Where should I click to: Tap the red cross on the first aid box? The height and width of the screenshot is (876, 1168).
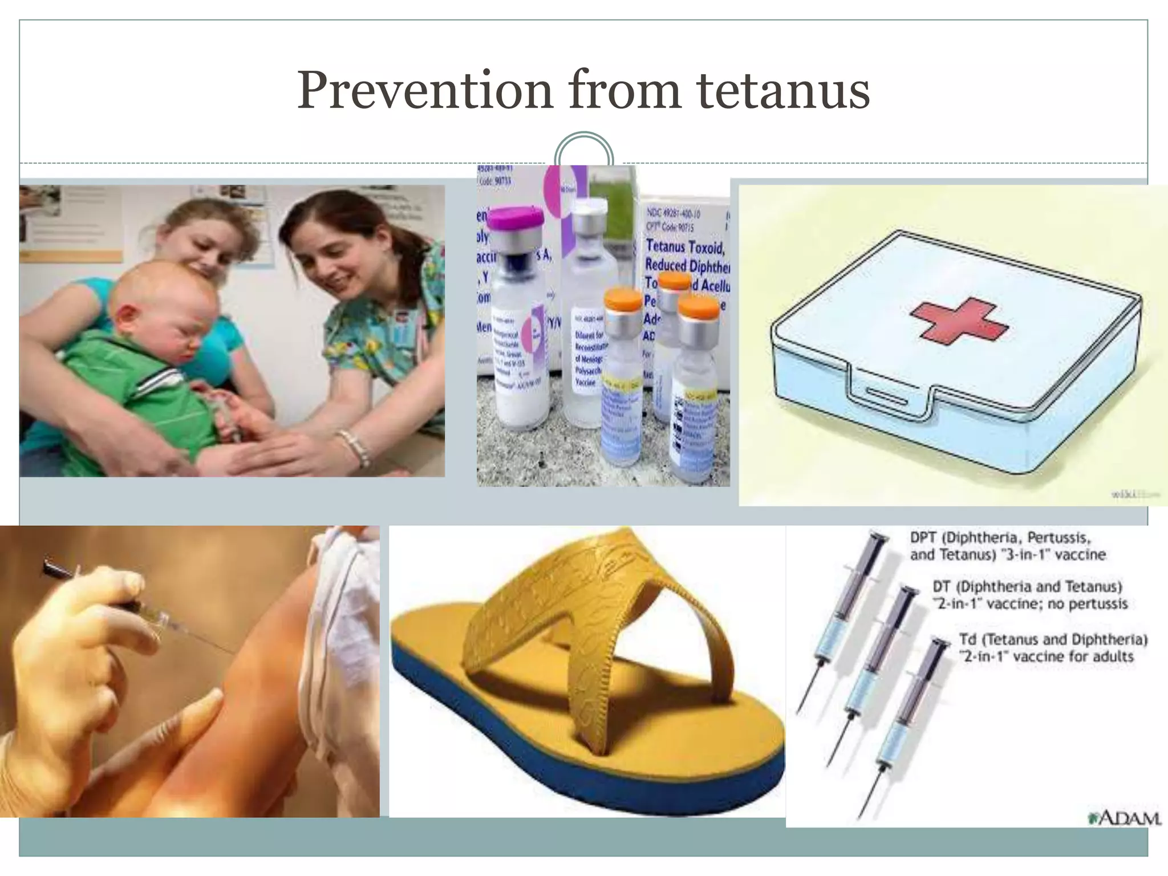pos(959,323)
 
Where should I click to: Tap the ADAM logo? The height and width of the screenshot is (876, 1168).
pos(1124,818)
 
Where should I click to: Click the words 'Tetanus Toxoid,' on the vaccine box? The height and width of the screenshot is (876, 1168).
pos(684,247)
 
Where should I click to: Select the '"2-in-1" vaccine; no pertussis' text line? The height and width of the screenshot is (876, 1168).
pos(1030,604)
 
